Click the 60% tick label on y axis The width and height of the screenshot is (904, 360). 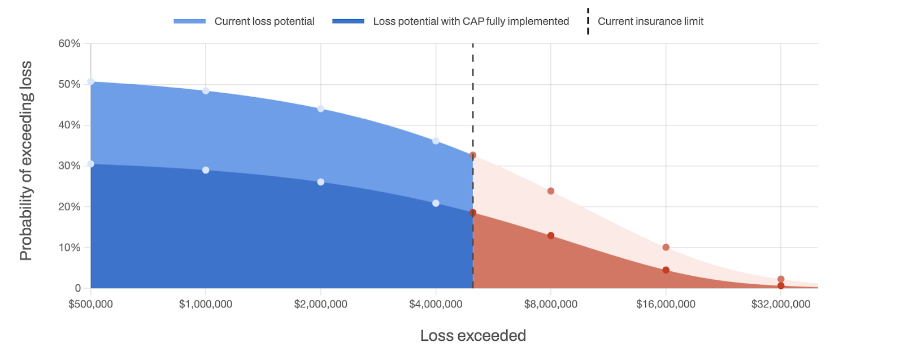coord(69,44)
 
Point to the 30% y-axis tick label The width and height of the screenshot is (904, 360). coord(69,166)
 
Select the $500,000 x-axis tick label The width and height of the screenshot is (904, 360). coord(90,304)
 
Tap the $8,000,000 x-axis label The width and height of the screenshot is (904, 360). coord(550,304)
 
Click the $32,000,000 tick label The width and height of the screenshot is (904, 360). coord(780,304)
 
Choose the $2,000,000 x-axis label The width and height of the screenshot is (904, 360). coord(320,304)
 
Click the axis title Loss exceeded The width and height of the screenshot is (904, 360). coord(473,336)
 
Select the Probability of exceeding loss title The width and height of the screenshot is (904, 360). coord(26,161)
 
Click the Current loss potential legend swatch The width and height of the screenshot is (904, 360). coord(189,21)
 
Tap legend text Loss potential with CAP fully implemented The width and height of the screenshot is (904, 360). coord(471,21)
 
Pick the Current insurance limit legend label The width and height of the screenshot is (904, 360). coord(650,21)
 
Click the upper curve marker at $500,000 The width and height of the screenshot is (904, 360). coord(91,82)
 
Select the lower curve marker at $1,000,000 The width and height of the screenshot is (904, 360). coord(206,170)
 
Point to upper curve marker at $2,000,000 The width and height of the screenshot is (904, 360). coord(321,109)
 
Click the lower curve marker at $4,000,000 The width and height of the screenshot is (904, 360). coord(436,203)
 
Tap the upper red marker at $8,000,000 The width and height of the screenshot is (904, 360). coord(551,191)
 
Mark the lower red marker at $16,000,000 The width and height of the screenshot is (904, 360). coord(666,270)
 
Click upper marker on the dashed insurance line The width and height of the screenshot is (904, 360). coord(473,155)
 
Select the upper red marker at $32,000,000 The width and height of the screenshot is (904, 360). coord(781,279)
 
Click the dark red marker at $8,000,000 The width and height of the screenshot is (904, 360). coord(551,236)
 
